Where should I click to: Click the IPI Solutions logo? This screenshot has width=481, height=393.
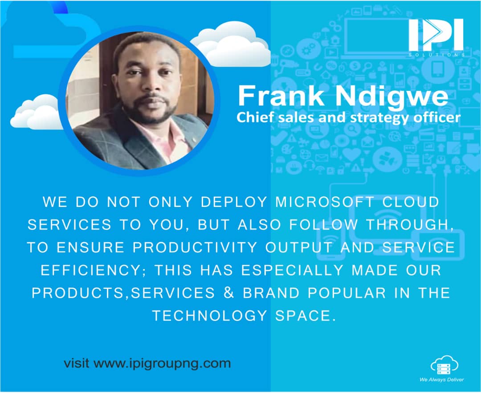[x=436, y=37]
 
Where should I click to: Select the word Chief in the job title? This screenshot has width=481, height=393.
[x=252, y=118]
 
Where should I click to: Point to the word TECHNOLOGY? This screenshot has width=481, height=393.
[x=209, y=316]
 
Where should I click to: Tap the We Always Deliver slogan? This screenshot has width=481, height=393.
[x=441, y=380]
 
